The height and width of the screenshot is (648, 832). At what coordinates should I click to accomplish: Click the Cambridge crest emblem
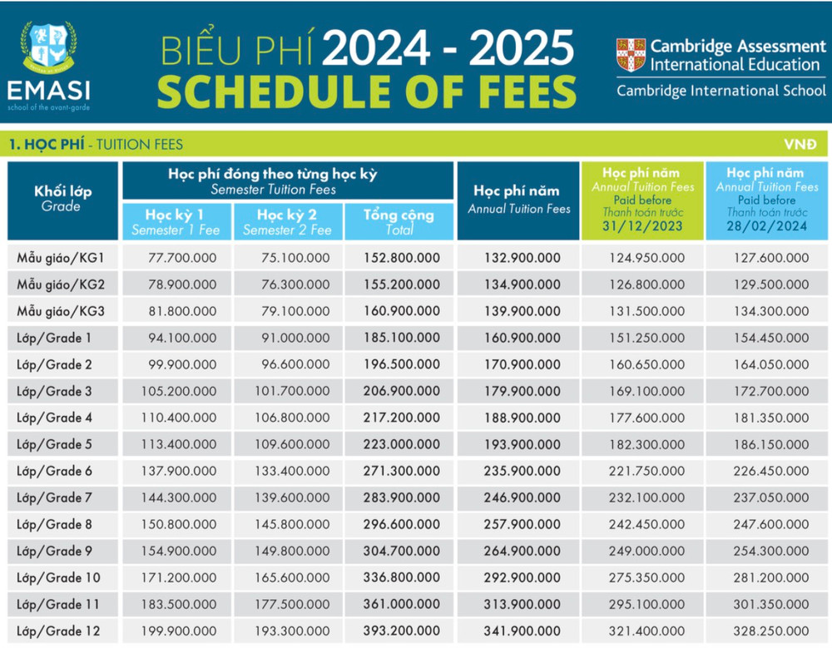tap(631, 55)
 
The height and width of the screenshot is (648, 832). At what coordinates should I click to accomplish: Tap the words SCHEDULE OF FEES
tap(366, 90)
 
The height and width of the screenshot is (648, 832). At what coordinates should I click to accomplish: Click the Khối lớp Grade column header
tap(62, 198)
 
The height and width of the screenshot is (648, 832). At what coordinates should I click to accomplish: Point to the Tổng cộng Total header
tap(399, 221)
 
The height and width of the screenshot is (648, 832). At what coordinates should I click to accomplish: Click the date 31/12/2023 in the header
tap(643, 226)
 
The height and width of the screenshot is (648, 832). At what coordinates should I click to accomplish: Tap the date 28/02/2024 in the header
tap(766, 226)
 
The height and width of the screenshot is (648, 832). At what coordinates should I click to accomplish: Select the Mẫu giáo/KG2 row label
tap(61, 284)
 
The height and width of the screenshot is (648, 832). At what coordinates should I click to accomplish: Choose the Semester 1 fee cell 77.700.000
tap(182, 258)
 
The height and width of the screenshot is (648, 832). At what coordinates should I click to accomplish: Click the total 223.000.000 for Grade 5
tap(402, 444)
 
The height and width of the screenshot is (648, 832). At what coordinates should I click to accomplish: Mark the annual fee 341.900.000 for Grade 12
tap(522, 631)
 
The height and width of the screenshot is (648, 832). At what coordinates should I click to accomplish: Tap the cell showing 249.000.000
tap(643, 551)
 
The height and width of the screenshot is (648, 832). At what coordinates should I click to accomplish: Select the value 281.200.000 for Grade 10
tap(770, 577)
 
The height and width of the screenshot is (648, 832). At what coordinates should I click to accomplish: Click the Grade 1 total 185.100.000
tap(402, 338)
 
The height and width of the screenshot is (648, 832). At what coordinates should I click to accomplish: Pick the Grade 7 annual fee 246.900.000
tap(522, 497)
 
